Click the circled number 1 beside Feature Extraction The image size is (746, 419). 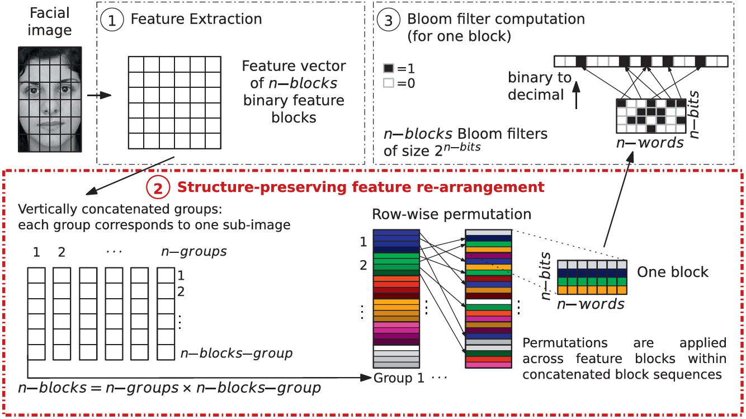tap(112, 20)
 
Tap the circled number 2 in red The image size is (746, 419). tap(158, 187)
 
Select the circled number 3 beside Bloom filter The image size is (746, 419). tap(388, 20)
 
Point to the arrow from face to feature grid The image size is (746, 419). tap(99, 95)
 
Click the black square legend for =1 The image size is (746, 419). tap(388, 68)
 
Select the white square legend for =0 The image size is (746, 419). tap(388, 83)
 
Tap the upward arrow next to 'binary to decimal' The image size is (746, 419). tap(576, 95)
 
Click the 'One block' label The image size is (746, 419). tap(672, 272)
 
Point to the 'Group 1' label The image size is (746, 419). tap(399, 378)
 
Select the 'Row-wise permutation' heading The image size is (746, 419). tap(451, 214)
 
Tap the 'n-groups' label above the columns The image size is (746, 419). tap(194, 252)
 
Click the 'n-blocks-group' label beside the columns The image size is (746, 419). tap(237, 354)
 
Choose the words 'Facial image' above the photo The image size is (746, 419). tap(50, 21)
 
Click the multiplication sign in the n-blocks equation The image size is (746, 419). tap(187, 389)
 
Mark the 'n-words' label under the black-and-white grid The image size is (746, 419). tap(650, 143)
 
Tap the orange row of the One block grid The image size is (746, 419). tap(592, 290)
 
